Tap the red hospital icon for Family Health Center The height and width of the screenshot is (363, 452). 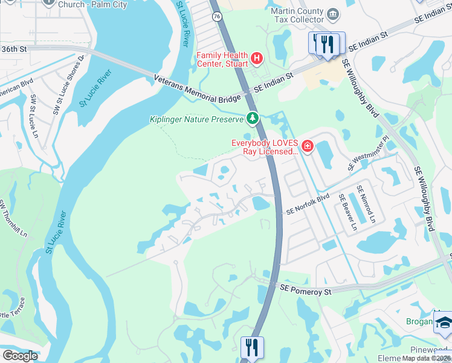(257, 58)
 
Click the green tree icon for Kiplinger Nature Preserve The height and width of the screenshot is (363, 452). (253, 118)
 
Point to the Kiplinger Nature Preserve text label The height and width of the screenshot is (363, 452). (196, 119)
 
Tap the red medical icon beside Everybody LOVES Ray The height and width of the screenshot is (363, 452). (307, 146)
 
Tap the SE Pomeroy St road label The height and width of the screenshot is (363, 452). (306, 292)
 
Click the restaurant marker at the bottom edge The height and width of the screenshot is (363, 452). (251, 347)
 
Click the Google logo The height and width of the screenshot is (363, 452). (20, 356)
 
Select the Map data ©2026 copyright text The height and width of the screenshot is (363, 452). (427, 358)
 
